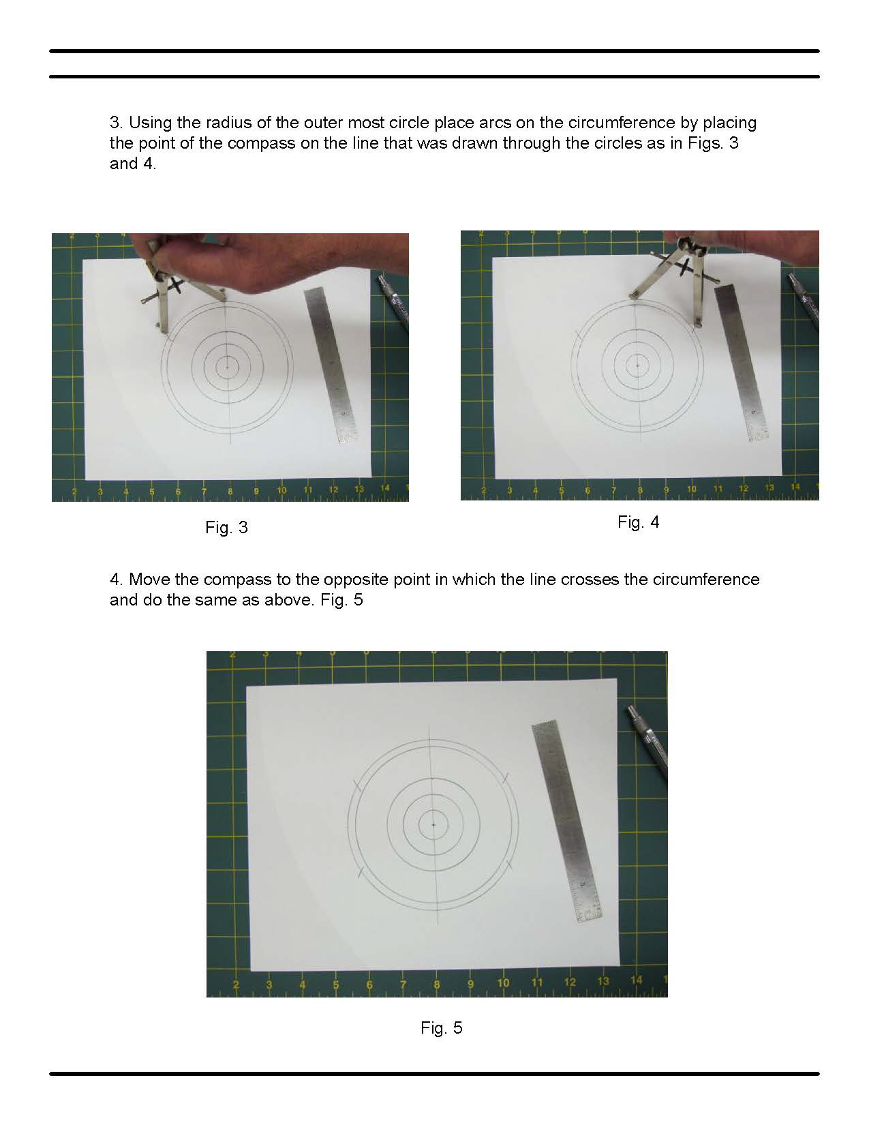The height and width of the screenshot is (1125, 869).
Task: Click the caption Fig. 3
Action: click(x=226, y=527)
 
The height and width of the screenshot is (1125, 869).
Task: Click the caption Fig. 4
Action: click(x=638, y=522)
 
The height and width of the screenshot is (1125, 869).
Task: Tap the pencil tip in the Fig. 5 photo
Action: click(x=628, y=707)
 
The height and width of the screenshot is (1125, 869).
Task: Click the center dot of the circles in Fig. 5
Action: click(x=433, y=824)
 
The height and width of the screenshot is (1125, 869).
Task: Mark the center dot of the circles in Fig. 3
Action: click(x=227, y=367)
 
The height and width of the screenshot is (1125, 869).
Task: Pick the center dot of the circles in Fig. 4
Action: click(x=637, y=365)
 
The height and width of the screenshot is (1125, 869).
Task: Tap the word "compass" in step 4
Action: click(x=238, y=580)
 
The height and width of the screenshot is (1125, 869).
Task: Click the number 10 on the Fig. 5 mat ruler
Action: click(x=503, y=982)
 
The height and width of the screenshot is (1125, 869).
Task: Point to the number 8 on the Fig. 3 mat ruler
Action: click(x=230, y=490)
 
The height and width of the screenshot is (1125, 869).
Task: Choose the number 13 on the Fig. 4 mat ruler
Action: click(x=769, y=487)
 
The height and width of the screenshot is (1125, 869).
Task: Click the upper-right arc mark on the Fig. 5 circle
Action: click(x=505, y=777)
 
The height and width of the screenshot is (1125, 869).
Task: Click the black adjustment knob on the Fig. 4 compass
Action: click(x=685, y=267)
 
